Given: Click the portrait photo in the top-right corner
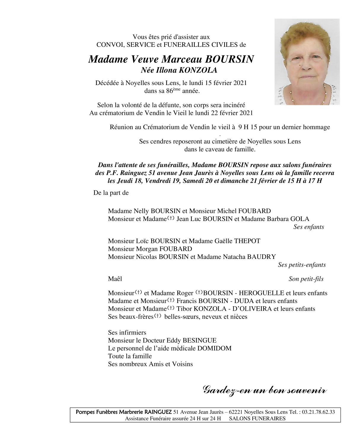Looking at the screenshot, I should pos(307,62).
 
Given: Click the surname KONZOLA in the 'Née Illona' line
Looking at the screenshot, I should pos(198,70).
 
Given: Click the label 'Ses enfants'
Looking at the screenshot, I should pos(308,227).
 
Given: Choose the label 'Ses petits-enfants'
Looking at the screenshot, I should pos(302,265).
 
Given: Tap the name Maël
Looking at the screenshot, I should pos(115,279).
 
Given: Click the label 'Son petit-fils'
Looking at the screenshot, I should pos(306,279).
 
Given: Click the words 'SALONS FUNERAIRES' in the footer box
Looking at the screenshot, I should pos(257,419).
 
